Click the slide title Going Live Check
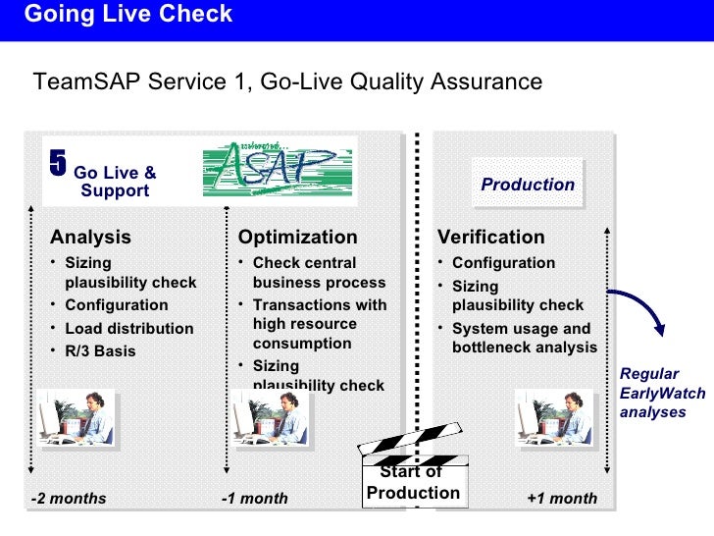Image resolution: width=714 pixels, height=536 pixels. click(x=128, y=15)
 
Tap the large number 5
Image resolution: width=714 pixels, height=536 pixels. click(x=59, y=164)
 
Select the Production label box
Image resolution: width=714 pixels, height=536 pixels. click(x=528, y=185)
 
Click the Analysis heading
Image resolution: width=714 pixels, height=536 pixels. click(x=90, y=237)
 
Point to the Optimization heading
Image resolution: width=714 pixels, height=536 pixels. click(x=298, y=237)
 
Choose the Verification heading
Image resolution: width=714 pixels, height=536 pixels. click(x=490, y=237)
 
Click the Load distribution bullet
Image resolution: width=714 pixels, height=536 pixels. click(x=128, y=328)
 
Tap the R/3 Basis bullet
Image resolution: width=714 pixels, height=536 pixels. click(x=100, y=350)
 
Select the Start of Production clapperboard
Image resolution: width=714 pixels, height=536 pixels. click(x=413, y=467)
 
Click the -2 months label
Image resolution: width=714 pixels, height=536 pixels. click(x=69, y=498)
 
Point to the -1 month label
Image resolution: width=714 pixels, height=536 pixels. click(x=255, y=498)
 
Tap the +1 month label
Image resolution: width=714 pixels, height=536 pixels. click(x=562, y=498)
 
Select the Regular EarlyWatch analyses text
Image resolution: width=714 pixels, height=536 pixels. click(x=651, y=393)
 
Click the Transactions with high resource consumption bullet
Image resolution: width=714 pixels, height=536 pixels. click(x=319, y=324)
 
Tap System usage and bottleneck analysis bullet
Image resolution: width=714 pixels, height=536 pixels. click(x=524, y=338)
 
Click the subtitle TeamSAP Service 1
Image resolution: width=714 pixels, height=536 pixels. click(x=287, y=81)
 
